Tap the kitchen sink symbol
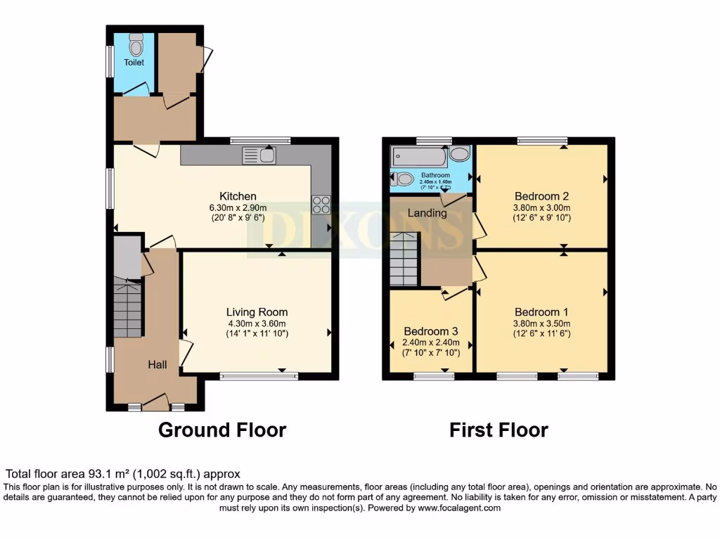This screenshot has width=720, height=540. (x=258, y=155)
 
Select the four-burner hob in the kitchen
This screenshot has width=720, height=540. (x=321, y=204)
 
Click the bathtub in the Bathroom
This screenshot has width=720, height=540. (x=419, y=155)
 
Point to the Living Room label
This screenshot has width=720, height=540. (x=257, y=312)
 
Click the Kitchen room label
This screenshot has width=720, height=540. (x=238, y=196)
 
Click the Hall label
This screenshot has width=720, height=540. (x=157, y=365)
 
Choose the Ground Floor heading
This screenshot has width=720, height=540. (x=222, y=430)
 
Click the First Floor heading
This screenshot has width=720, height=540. (x=499, y=430)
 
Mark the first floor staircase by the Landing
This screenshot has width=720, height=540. (x=404, y=259)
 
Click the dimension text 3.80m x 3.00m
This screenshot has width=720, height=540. (x=541, y=207)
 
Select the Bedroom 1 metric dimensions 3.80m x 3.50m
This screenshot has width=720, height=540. (x=541, y=323)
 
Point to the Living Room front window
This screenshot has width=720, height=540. (x=258, y=377)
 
